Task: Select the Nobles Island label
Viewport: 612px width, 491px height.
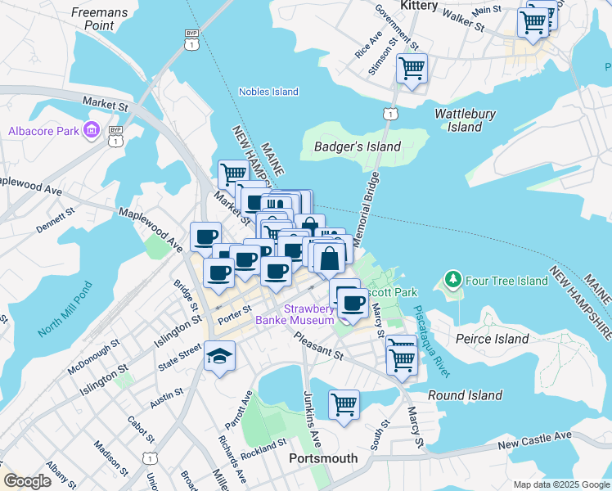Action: pyautogui.click(x=268, y=92)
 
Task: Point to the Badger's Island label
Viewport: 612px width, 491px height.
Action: pyautogui.click(x=358, y=146)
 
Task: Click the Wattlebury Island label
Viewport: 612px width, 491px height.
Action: pyautogui.click(x=465, y=120)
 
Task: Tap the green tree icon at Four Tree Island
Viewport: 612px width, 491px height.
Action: pyautogui.click(x=452, y=281)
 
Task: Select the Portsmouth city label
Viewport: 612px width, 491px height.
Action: pyautogui.click(x=323, y=458)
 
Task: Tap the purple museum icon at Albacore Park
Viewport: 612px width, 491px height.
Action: pyautogui.click(x=91, y=131)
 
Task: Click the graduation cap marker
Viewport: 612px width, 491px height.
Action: pyautogui.click(x=219, y=357)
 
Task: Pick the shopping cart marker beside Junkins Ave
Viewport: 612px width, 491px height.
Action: pyautogui.click(x=344, y=403)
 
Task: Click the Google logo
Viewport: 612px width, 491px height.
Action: pyautogui.click(x=28, y=481)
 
